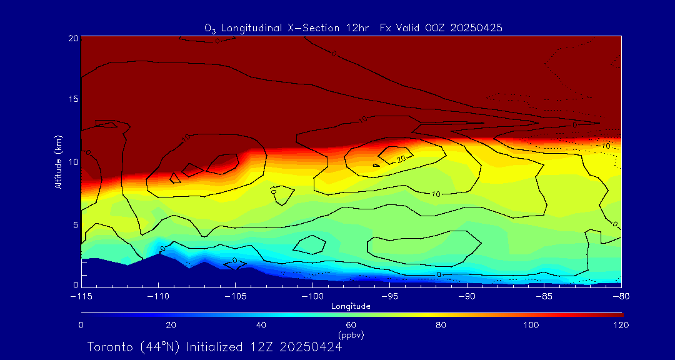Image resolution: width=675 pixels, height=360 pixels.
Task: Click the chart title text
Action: tap(353, 28)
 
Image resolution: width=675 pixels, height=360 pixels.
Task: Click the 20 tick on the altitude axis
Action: tap(73, 38)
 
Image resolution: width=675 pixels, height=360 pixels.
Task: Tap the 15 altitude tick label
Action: tap(73, 99)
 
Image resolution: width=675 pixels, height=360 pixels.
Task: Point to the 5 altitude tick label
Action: tap(75, 224)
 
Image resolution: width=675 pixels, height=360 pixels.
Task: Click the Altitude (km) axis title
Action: tap(58, 161)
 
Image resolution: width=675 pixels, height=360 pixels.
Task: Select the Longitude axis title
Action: tap(351, 306)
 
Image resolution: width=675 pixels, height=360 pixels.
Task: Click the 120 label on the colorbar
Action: tap(621, 325)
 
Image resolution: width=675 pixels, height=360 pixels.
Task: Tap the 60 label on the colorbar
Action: tap(351, 325)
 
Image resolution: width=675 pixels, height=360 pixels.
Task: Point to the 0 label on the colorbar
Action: tap(81, 325)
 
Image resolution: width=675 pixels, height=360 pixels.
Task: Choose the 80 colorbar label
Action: tap(441, 325)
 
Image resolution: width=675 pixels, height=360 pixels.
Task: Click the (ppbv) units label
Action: tap(351, 335)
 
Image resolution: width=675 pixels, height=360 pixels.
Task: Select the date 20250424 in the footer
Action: tap(311, 347)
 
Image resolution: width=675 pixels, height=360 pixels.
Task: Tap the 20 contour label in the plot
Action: tap(401, 159)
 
